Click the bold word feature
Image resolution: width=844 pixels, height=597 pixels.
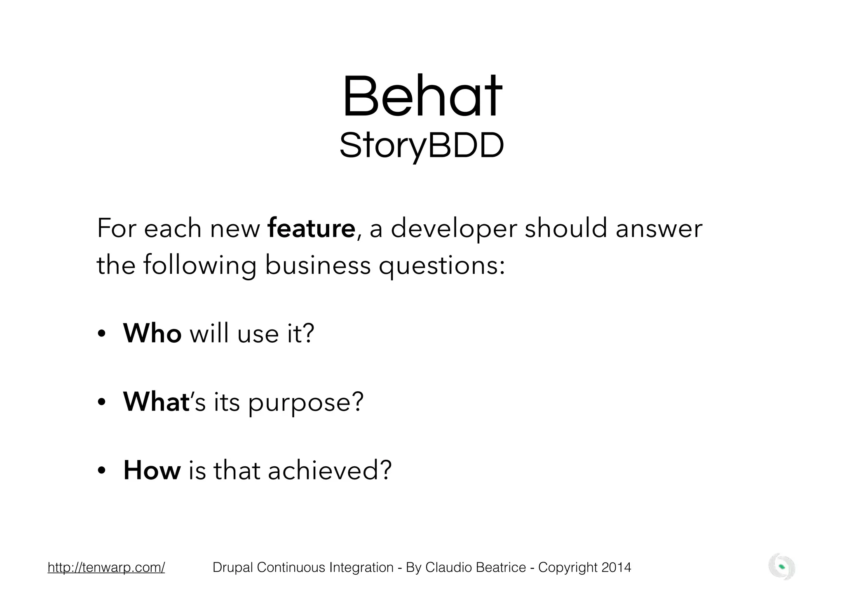pyautogui.click(x=311, y=228)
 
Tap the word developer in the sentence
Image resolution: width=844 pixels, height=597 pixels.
pyautogui.click(x=453, y=229)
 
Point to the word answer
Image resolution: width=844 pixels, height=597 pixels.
pyautogui.click(x=659, y=229)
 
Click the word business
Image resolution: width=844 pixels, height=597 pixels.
pyautogui.click(x=317, y=265)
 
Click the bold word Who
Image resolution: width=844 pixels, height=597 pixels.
pyautogui.click(x=152, y=333)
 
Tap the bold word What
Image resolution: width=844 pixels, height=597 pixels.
pyautogui.click(x=156, y=402)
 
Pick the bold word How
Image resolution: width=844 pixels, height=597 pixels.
pyautogui.click(x=152, y=470)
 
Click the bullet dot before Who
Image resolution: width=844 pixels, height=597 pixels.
pyautogui.click(x=102, y=334)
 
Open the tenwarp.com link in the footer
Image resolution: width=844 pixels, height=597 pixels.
pyautogui.click(x=106, y=568)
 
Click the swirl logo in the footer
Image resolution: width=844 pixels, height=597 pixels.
pyautogui.click(x=782, y=567)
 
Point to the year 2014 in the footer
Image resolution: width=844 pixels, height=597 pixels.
pyautogui.click(x=616, y=568)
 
